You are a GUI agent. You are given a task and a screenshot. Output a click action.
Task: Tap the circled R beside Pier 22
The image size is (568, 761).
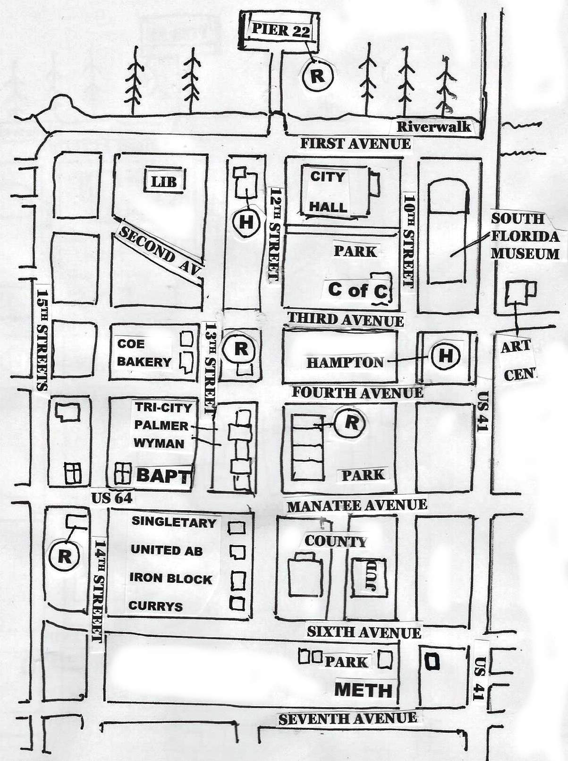coord(317,76)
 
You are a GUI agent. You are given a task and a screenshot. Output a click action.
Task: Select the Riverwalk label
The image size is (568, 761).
coord(433,127)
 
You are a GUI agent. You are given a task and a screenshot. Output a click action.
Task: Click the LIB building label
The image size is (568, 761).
coord(164,181)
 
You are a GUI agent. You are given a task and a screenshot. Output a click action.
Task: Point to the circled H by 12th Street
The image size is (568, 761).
coord(246,222)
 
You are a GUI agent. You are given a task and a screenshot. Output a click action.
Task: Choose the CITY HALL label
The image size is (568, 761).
coord(329,192)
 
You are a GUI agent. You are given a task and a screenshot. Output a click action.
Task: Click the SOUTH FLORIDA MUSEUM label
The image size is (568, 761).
coord(525,236)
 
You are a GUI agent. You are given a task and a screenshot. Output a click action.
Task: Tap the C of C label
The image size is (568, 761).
coord(357,291)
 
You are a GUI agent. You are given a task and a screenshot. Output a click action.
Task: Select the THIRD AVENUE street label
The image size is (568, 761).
coord(346,320)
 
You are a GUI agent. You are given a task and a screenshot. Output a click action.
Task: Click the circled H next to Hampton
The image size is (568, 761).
coord(445,355)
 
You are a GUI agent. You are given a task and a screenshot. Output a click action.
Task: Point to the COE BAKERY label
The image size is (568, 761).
coord(144,353)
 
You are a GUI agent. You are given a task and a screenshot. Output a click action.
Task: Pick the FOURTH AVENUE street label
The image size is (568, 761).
coord(357,393)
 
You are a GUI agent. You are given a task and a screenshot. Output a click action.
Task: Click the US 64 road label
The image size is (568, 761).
coord(111,497)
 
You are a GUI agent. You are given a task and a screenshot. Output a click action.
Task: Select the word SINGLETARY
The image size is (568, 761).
coord(173,522)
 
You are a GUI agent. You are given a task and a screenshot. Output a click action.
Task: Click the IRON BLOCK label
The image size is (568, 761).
coord(170,579)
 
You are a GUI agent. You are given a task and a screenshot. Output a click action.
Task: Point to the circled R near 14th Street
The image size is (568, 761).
coord(65,556)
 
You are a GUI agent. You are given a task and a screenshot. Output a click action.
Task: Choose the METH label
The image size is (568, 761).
coord(364,690)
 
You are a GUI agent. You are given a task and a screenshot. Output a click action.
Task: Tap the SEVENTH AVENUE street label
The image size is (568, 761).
coord(348,718)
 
